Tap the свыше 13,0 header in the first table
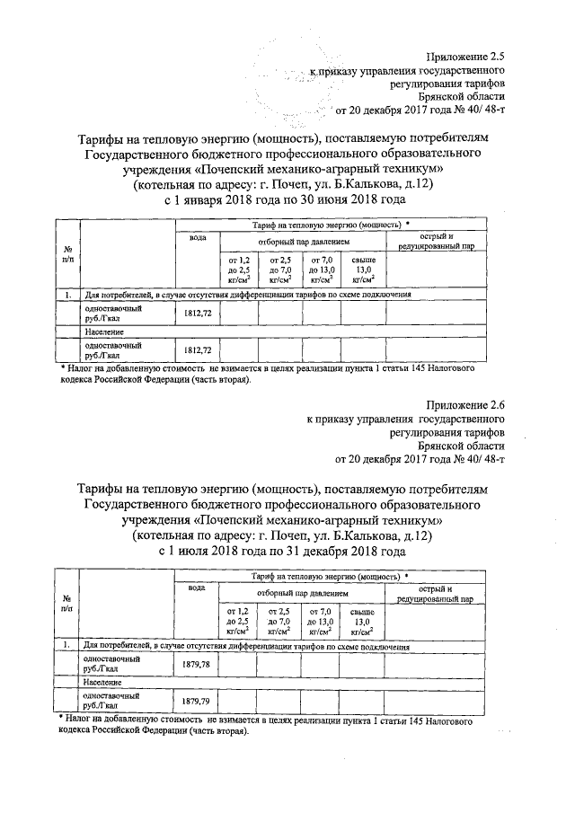click(x=364, y=269)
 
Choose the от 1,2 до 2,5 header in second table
click(x=237, y=619)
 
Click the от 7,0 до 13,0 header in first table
click(x=322, y=269)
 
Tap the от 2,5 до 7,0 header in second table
click(x=279, y=619)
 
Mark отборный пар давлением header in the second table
click(x=302, y=594)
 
